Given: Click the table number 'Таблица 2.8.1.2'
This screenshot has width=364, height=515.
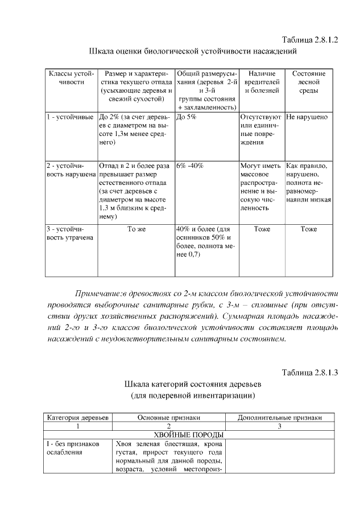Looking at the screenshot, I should point(310,39).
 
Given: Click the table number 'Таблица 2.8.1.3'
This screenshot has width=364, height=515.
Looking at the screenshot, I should point(310,373).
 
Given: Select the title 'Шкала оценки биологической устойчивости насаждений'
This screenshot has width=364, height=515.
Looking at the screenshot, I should point(193,51).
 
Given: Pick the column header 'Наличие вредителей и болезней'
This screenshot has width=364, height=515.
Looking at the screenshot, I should point(262,82).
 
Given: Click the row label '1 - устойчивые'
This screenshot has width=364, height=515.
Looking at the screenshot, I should point(70,117).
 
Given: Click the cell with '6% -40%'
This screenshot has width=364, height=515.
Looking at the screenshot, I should point(190,166).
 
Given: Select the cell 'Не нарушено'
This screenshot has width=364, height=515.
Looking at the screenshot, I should point(307,117).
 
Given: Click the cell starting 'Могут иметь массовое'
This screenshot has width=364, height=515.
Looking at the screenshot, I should point(261,187).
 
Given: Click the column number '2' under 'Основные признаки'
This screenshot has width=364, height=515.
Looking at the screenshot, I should point(168,426).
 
